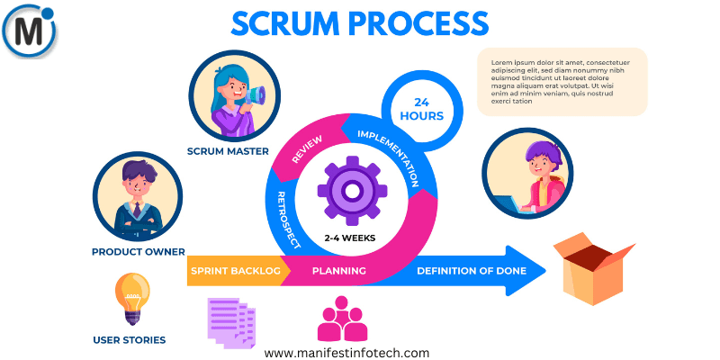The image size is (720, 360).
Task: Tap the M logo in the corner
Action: pos(30,31)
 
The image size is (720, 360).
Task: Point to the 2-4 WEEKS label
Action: pos(350,238)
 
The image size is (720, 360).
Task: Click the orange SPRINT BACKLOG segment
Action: pos(235,270)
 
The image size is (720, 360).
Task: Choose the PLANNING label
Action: pos(338,270)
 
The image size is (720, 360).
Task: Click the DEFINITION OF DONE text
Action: pos(471,270)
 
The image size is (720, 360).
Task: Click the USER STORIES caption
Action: pos(130,340)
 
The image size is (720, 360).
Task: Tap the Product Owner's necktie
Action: pos(137,210)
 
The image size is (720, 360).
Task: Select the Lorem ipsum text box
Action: pos(562,81)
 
